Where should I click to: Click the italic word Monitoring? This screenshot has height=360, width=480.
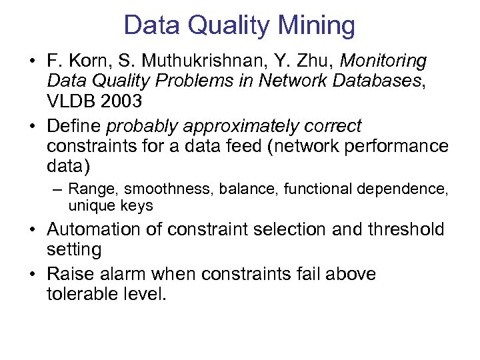pyautogui.click(x=383, y=61)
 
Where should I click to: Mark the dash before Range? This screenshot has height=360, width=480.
pyautogui.click(x=58, y=190)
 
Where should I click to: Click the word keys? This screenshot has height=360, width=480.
pyautogui.click(x=137, y=207)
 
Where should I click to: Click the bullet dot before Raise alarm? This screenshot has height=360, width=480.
pyautogui.click(x=33, y=274)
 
